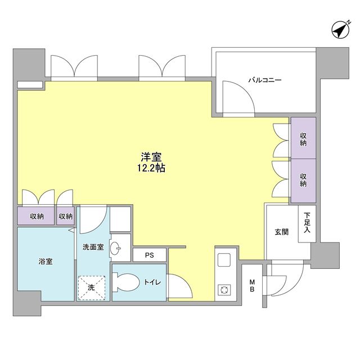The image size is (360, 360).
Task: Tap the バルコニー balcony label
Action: (x=265, y=80)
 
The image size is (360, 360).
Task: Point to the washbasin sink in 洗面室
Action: (x=115, y=247)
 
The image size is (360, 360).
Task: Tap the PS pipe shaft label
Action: (x=149, y=255)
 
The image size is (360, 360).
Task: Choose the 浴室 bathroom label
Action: (x=46, y=262)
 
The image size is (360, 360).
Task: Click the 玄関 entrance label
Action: (x=281, y=232)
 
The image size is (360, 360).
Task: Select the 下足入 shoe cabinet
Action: (x=307, y=222)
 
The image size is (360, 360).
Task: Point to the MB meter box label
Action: (x=253, y=286)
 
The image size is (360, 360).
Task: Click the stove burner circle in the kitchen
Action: (x=224, y=290)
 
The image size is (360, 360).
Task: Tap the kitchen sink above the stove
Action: (x=224, y=260)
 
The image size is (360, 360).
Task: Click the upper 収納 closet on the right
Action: (x=303, y=139)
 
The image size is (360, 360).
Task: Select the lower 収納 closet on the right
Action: (x=303, y=180)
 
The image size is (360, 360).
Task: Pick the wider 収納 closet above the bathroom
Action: (x=37, y=216)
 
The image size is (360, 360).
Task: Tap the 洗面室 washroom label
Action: (x=93, y=247)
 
